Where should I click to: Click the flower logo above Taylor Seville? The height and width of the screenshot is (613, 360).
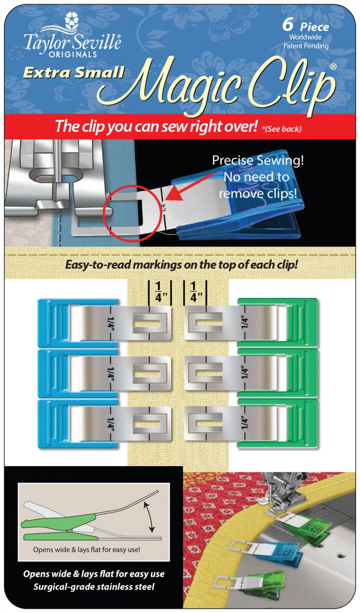pos(72,22)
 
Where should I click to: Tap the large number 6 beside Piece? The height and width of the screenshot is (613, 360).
pos(288,25)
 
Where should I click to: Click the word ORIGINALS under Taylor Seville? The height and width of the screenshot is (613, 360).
pos(73,54)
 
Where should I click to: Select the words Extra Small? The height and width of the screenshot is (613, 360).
pos(74,72)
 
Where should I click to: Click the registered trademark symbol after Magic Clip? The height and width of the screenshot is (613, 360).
pos(333,67)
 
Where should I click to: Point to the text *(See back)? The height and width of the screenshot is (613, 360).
pos(282,129)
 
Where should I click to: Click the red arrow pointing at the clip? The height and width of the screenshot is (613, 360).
pos(190,186)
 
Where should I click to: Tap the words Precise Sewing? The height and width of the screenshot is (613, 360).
pos(258,160)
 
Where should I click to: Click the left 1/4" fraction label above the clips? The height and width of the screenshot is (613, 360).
pos(159,292)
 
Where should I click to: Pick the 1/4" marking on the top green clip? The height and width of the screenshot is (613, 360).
pos(244,323)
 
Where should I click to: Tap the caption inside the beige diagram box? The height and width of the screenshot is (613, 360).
pos(87,549)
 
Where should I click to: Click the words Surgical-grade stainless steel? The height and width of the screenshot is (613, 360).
pos(94,586)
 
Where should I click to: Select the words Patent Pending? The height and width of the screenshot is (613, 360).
pos(306,46)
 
